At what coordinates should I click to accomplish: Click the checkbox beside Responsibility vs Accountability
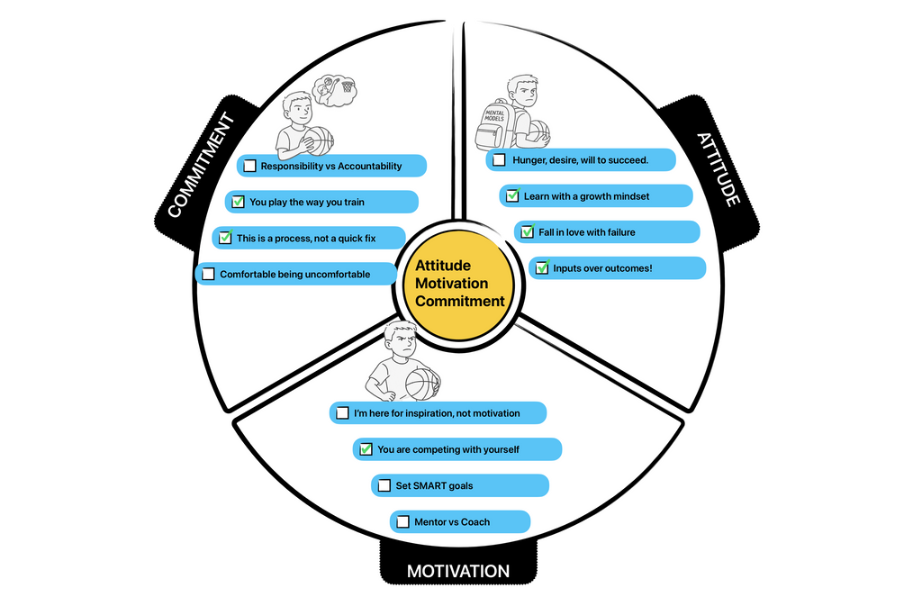[250, 167]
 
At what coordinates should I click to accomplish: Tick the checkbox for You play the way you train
[239, 203]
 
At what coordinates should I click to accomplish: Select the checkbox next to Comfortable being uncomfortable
[209, 275]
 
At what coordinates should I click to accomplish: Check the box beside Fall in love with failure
[527, 232]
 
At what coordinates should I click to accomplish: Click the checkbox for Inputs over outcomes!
[541, 268]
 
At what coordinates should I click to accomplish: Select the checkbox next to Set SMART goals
[384, 486]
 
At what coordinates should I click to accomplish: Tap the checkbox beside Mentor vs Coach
[402, 522]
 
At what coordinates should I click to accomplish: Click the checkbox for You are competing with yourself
[366, 449]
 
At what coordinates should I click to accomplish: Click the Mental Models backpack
[493, 125]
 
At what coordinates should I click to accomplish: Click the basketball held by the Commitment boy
[319, 141]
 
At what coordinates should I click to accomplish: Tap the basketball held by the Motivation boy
[420, 383]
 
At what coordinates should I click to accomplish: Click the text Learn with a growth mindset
[586, 196]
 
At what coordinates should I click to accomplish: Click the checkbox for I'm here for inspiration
[342, 413]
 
